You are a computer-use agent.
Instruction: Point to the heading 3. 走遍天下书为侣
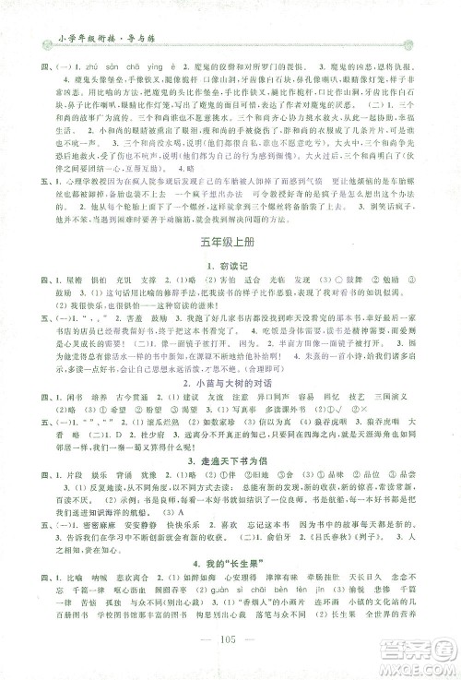pyautogui.click(x=230, y=473)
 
